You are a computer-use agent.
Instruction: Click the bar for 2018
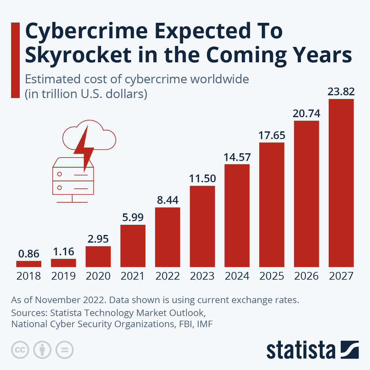point(29,264)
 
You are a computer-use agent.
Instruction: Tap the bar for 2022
point(167,237)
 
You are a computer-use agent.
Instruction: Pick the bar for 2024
point(237,216)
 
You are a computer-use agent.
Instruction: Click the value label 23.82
point(341,92)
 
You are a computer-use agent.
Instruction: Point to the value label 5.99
point(133,217)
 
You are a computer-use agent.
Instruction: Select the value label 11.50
point(202,179)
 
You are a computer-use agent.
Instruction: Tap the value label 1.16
point(64,252)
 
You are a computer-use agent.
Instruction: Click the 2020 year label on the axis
point(98,276)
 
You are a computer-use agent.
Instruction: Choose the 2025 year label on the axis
point(272,276)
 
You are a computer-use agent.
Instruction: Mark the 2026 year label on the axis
point(306,276)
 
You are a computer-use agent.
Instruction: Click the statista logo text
point(301,350)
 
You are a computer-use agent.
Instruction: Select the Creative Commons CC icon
point(20,350)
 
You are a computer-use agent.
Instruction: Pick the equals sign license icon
point(65,350)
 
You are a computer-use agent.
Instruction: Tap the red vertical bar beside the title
point(15,60)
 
